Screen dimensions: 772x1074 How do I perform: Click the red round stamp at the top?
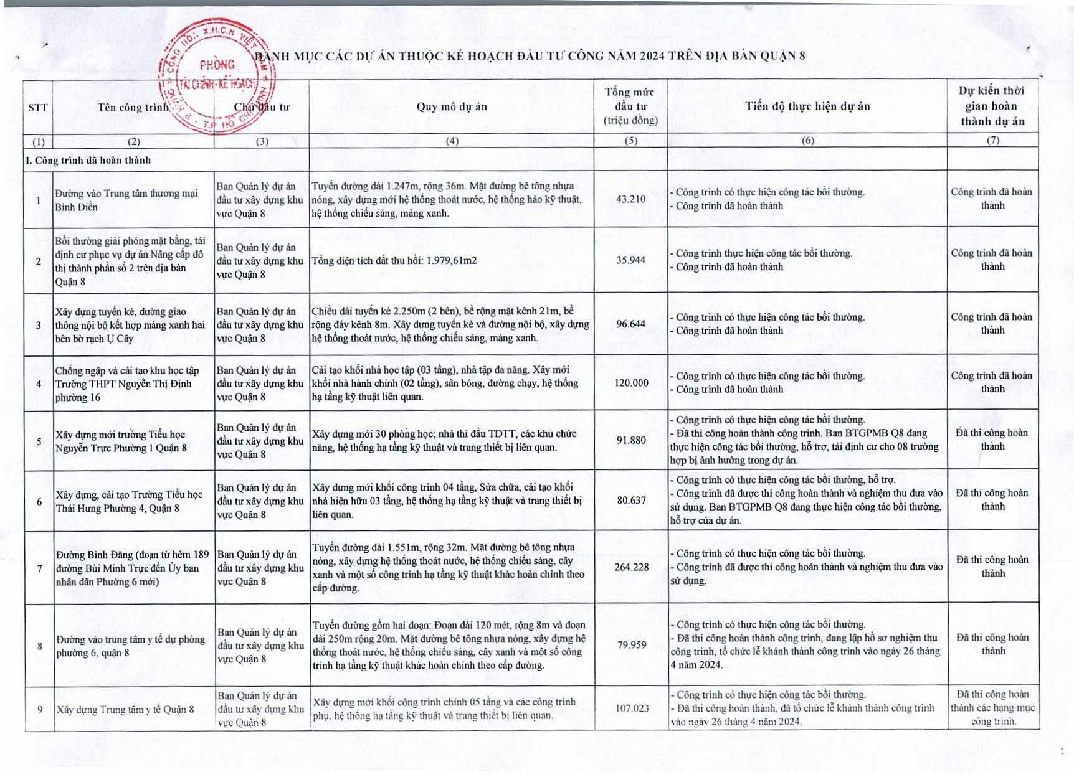point(218,76)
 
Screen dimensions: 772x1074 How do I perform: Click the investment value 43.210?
point(630,199)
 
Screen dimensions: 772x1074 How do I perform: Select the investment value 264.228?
point(631,567)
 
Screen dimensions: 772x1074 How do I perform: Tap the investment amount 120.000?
point(631,383)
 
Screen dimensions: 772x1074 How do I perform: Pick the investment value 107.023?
point(632,708)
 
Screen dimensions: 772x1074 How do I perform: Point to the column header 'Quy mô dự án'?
point(452,106)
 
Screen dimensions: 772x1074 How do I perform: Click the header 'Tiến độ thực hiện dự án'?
point(807,106)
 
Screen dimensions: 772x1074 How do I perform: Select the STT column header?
point(38,107)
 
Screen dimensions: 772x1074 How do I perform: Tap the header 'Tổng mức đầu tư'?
point(630,106)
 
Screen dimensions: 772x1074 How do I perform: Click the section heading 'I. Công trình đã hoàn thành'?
point(88,160)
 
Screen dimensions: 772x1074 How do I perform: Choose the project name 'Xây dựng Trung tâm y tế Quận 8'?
point(125,709)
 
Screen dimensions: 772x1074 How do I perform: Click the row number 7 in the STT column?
point(39,568)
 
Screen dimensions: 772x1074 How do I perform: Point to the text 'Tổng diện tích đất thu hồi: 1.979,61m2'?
point(394,260)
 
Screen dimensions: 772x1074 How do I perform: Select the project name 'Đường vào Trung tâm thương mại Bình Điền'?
point(126,200)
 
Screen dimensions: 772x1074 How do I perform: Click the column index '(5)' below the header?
point(631,141)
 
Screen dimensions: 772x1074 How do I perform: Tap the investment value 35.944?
point(630,260)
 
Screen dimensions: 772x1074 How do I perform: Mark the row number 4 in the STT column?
point(39,384)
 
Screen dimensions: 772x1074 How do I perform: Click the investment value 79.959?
point(632,645)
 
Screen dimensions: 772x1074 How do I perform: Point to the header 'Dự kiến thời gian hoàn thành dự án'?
point(992,106)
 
